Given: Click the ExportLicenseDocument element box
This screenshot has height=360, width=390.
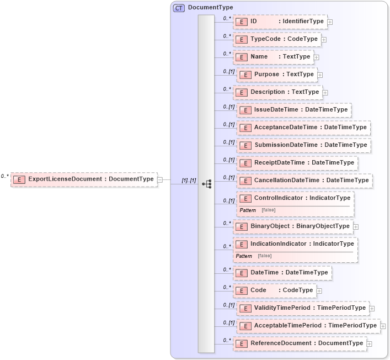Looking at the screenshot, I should tap(84, 179).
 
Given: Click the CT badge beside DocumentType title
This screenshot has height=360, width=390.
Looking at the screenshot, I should tap(179, 8).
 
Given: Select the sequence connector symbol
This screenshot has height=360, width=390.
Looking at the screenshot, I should tap(206, 183).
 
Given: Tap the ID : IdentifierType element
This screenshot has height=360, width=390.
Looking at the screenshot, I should tap(280, 22).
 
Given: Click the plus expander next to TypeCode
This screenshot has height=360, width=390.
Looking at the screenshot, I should tap(324, 39).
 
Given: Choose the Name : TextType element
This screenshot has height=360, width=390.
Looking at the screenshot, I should tap(274, 57).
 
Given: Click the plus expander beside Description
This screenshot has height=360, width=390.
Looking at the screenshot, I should tap(325, 92).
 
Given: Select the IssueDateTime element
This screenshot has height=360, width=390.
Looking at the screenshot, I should tap(293, 110).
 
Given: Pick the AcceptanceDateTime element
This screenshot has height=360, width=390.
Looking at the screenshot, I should tap(303, 128).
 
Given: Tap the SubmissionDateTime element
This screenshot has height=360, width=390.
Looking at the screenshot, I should tap(303, 145).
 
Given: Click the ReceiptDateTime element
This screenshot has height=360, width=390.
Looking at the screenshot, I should tap(297, 163).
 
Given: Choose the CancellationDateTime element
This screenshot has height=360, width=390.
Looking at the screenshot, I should tap(304, 181).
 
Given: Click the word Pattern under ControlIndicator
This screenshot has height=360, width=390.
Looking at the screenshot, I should tap(248, 210).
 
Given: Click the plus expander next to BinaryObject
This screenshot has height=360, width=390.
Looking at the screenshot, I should tap(356, 226).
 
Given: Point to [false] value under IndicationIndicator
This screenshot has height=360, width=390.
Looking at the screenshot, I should tap(264, 256).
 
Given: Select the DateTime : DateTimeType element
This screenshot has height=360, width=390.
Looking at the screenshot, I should tap(282, 272).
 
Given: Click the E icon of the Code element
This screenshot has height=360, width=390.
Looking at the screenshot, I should tap(241, 290).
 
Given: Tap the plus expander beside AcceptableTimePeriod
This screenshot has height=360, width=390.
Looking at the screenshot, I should tap(383, 326).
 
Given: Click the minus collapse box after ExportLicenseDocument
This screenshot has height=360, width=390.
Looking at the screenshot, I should tap(159, 179).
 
